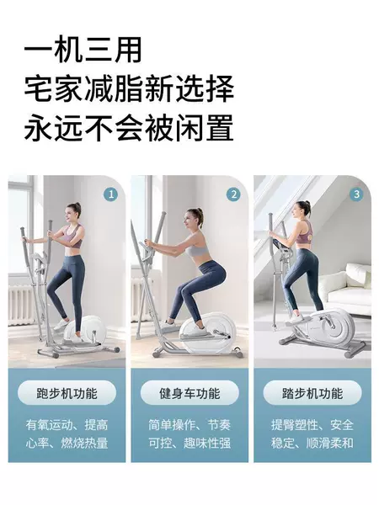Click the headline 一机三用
pyautogui.click(x=83, y=50)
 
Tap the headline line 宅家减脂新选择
pyautogui.click(x=129, y=89)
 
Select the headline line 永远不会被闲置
pyautogui.click(x=129, y=128)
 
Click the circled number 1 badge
pyautogui.click(x=111, y=194)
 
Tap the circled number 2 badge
pyautogui.click(x=233, y=194)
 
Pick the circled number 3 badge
pyautogui.click(x=356, y=194)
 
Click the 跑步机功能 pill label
pyautogui.click(x=67, y=393)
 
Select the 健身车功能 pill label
pyautogui.click(x=189, y=393)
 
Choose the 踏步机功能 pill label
pyautogui.click(x=312, y=393)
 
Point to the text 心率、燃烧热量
pyautogui.click(x=67, y=444)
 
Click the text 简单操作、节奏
pyautogui.click(x=189, y=425)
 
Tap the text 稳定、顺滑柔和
pyautogui.click(x=312, y=444)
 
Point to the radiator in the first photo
pyautogui.click(x=22, y=304)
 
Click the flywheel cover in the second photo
pyautogui.click(x=208, y=332)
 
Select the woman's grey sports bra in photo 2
pyautogui.click(x=197, y=247)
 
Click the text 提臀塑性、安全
pyautogui.click(x=312, y=425)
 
